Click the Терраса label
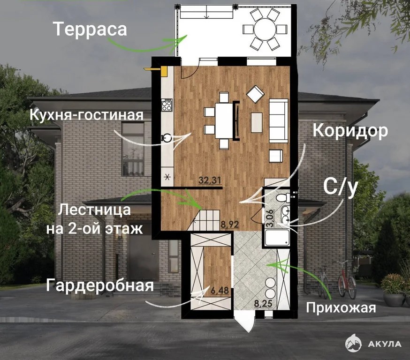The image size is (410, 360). [90, 29]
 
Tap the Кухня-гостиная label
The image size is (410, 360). [86, 115]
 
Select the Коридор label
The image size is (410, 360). [350, 130]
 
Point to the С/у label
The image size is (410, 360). [341, 187]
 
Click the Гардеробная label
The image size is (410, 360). [100, 285]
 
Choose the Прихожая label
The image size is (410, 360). [341, 307]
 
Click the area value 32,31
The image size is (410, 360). [210, 180]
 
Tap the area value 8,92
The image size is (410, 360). [229, 225]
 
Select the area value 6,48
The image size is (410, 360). [220, 291]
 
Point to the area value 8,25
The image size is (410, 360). [263, 304]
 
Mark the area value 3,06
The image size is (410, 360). [270, 218]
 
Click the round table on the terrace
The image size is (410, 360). [265, 29]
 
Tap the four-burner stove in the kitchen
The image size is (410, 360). [167, 105]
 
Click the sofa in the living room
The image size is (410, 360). [279, 120]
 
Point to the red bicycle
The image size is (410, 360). [347, 281]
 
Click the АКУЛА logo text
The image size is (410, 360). [385, 344]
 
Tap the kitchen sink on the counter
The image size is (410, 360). [167, 137]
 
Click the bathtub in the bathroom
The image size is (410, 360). [277, 238]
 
